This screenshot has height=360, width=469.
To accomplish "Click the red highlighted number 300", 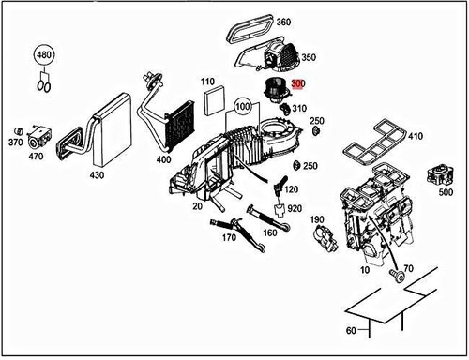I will pyautogui.click(x=297, y=84).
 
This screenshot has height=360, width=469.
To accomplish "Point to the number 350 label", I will pyautogui.click(x=308, y=58).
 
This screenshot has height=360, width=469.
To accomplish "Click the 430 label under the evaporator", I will pyautogui.click(x=97, y=174).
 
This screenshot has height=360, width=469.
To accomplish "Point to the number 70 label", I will pyautogui.click(x=407, y=268).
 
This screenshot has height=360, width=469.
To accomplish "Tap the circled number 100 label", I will pyautogui.click(x=243, y=108).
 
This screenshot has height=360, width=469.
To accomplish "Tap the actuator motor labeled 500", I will pyautogui.click(x=437, y=173).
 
